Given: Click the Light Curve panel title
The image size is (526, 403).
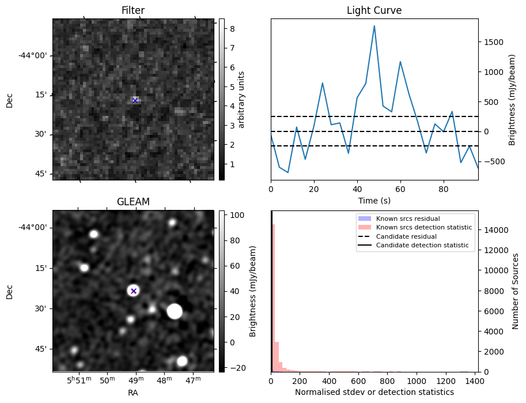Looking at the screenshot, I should (x=374, y=10).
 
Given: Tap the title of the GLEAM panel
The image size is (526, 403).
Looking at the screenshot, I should (x=133, y=202).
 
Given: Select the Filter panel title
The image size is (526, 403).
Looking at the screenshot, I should (x=133, y=10).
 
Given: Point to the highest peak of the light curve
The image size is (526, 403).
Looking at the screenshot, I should (x=374, y=26).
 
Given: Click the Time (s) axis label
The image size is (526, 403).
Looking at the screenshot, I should (x=374, y=199).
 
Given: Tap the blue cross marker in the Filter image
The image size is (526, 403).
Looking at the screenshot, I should (x=135, y=100).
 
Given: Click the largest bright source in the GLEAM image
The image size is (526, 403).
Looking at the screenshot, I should (x=175, y=311).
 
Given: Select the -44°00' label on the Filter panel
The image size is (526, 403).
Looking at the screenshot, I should (x=33, y=55).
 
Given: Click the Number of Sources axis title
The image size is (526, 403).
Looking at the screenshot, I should (x=516, y=291).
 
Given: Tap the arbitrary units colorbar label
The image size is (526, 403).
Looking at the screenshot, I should (x=242, y=99).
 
